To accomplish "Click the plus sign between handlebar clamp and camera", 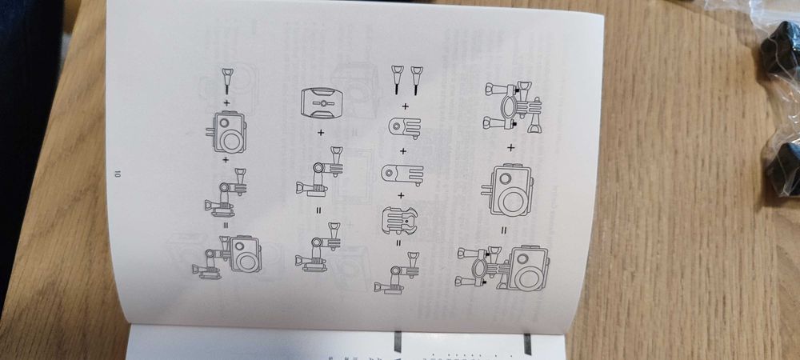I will click(510, 147).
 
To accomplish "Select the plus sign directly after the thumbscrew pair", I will click(404, 106).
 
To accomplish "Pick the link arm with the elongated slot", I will click(400, 174).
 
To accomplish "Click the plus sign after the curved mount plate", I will click(321, 131).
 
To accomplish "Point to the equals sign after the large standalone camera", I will click(505, 230).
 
